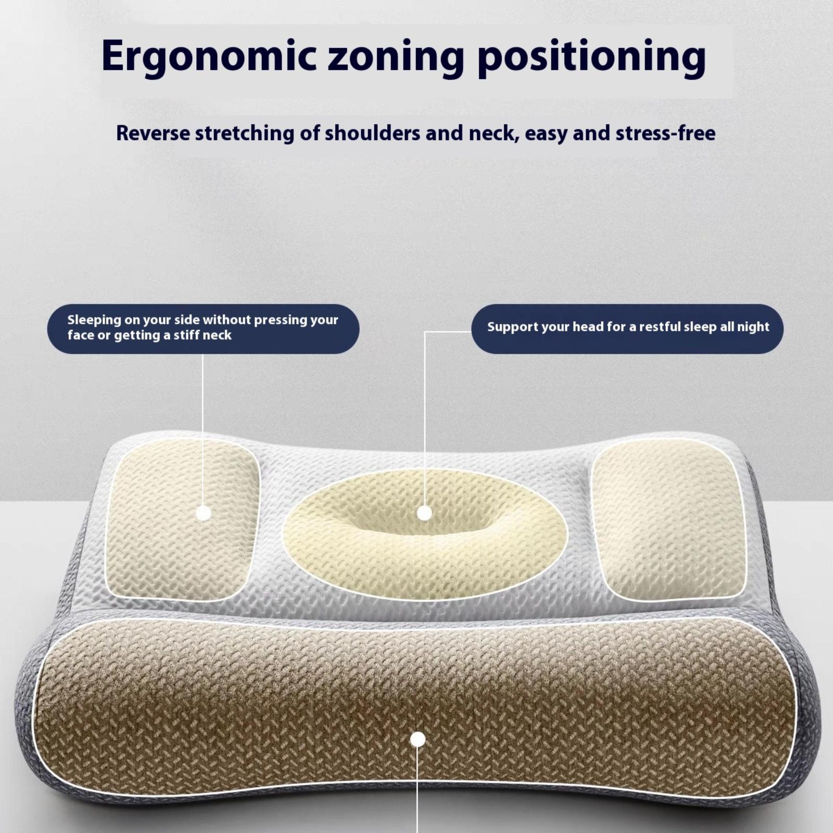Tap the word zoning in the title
pyautogui.click(x=396, y=56)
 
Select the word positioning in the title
pyautogui.click(x=591, y=56)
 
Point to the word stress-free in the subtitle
pyautogui.click(x=665, y=133)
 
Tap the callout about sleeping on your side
pyautogui.click(x=204, y=329)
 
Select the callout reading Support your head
pyautogui.click(x=627, y=329)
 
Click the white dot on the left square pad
pyautogui.click(x=204, y=513)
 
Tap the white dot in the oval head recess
pyautogui.click(x=425, y=513)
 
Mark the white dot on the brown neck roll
pyautogui.click(x=418, y=739)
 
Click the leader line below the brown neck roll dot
pyautogui.click(x=418, y=789)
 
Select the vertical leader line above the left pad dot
pyautogui.click(x=204, y=430)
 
